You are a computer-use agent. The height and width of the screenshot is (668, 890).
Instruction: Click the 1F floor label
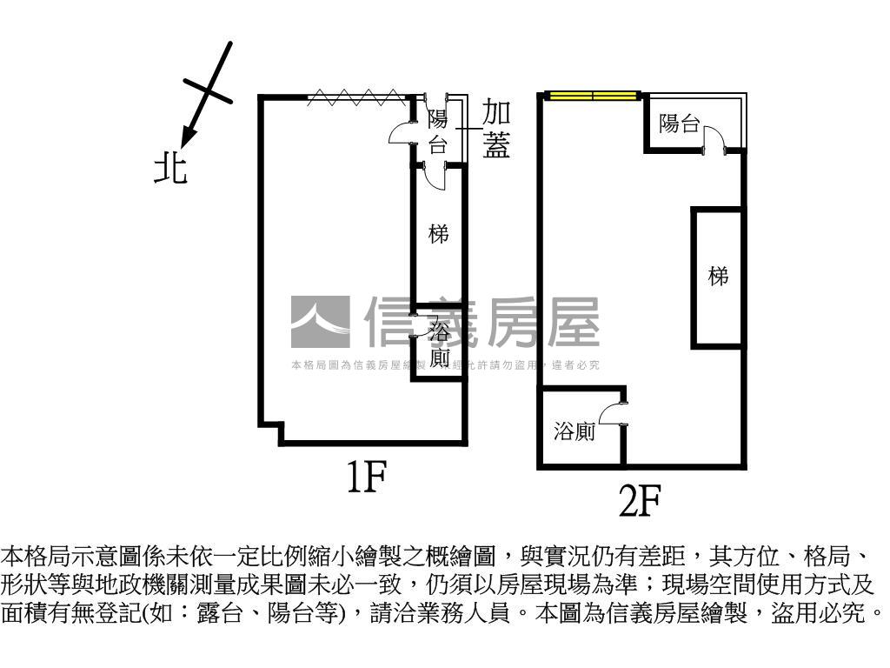[x=366, y=478]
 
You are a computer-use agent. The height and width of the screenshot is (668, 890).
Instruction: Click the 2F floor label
[x=640, y=501]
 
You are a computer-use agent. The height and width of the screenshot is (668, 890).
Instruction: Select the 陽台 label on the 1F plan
[x=437, y=131]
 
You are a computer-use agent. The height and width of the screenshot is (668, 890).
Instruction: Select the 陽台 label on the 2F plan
[x=679, y=124]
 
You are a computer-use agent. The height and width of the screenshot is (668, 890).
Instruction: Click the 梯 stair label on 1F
[x=438, y=234]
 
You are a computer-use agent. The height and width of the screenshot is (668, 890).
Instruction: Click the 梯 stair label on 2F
[x=718, y=277]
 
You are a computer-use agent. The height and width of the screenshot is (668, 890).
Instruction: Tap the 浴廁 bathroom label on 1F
[x=440, y=344]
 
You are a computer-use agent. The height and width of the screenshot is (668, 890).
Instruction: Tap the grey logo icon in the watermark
[x=320, y=322]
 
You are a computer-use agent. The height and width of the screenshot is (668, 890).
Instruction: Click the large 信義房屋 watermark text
[x=482, y=322]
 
